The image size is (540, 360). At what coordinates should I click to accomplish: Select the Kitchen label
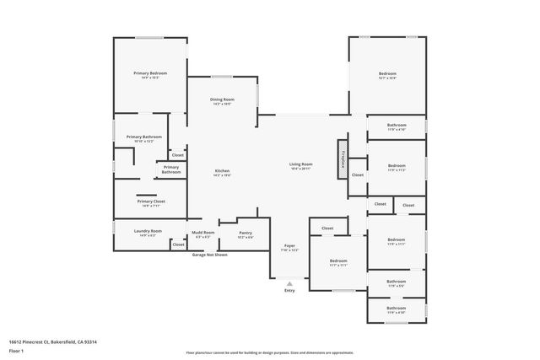222,172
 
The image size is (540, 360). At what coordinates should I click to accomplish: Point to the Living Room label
301,166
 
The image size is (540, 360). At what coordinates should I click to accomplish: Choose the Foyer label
289,248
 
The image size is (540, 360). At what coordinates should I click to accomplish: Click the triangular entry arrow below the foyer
289,283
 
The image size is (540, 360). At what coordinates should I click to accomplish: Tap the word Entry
289,291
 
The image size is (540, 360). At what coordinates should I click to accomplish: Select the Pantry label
246,234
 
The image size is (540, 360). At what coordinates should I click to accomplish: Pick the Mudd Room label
202,234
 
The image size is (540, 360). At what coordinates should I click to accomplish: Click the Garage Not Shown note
209,254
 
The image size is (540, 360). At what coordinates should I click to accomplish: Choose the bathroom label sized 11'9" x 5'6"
396,284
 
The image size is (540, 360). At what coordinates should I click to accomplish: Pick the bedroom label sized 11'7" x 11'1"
337,263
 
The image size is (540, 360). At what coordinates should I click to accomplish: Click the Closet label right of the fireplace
357,175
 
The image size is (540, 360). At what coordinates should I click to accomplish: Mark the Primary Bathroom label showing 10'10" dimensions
143,138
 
